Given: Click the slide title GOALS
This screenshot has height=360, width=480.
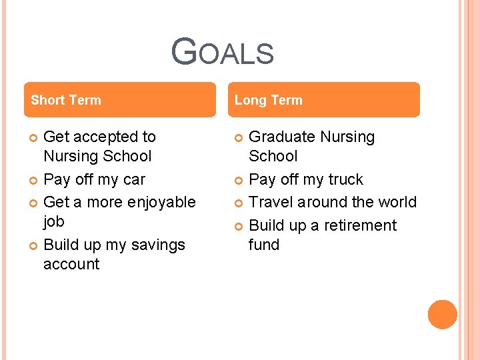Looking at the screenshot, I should tap(222, 52).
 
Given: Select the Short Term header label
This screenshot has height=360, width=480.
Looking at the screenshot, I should tap(66, 100).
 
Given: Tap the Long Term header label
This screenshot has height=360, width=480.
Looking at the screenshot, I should tap(269, 100).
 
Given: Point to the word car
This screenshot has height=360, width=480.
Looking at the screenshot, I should tap(133, 179).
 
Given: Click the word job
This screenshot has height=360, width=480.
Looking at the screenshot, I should tap(54, 221).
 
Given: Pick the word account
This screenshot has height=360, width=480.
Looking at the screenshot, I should tap(71, 264).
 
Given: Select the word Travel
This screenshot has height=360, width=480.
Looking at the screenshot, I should tap(271, 202).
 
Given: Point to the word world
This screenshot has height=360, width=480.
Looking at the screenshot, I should tap(396, 202).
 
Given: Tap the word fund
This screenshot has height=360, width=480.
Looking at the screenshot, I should tap(264, 245).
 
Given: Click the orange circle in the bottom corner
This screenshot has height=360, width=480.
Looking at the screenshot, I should tap(443, 315).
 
